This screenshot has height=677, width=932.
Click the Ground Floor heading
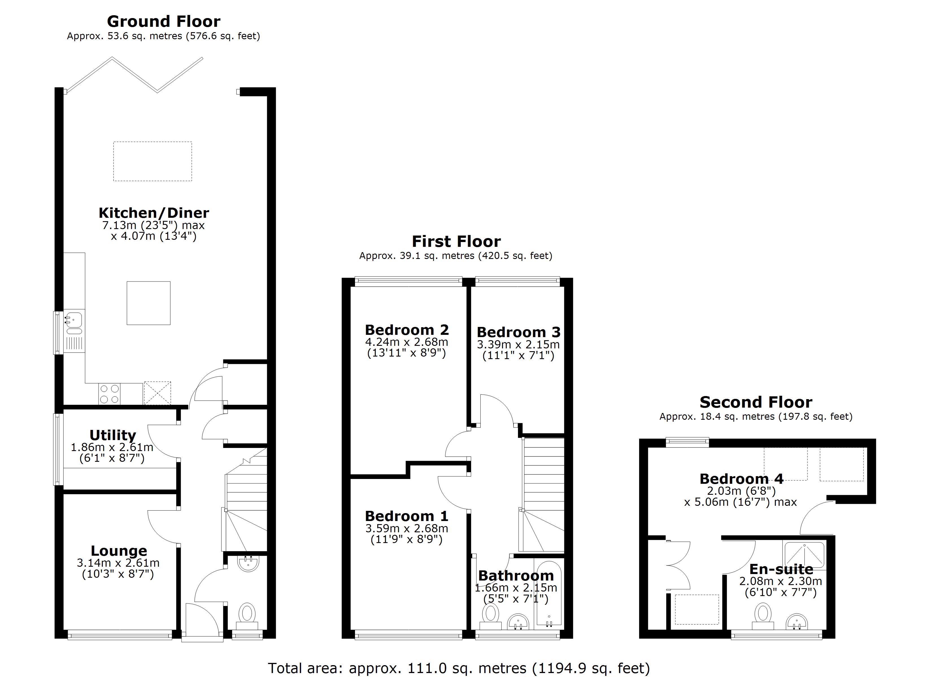(x=164, y=21)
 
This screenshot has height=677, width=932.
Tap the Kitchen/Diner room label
(x=154, y=213)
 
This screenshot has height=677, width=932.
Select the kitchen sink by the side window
(x=74, y=318)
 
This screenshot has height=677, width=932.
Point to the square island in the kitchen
(x=148, y=303)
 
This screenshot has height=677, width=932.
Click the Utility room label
(x=113, y=435)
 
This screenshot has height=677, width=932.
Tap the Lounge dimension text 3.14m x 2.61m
(x=118, y=562)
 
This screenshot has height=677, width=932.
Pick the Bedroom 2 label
(x=406, y=330)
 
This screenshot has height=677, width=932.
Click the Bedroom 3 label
(x=518, y=332)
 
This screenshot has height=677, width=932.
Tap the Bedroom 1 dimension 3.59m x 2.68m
(x=406, y=528)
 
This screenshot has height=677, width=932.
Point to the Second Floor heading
(x=756, y=402)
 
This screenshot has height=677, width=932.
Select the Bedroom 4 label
(x=741, y=479)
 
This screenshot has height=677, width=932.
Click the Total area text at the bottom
(x=459, y=668)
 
